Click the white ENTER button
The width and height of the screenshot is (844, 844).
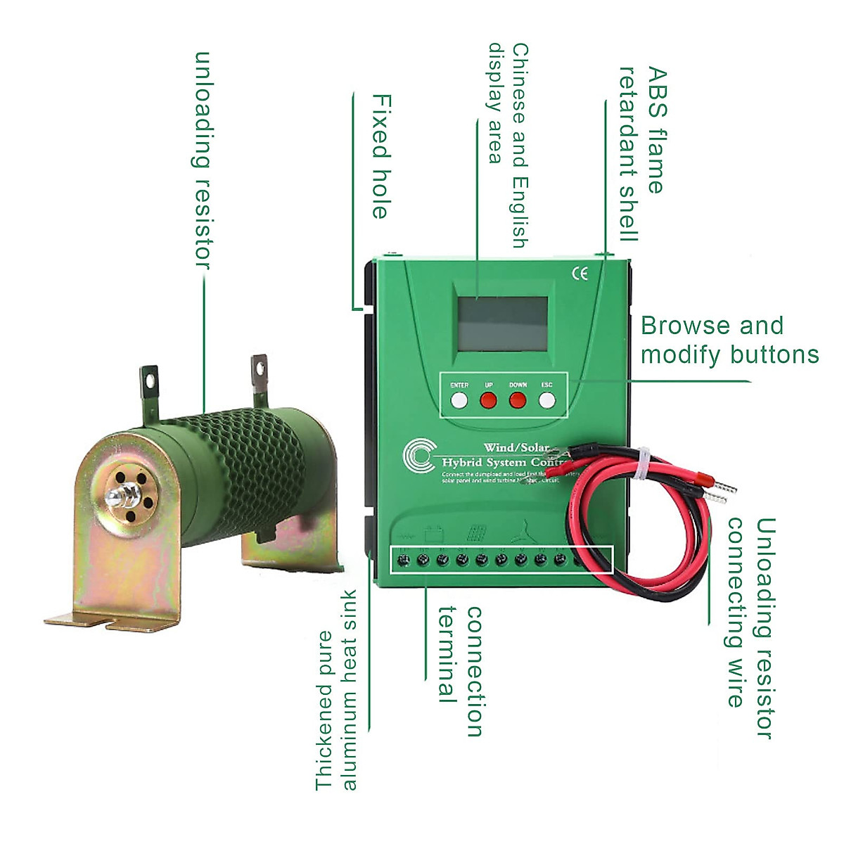[459, 401]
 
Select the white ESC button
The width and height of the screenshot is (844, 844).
[547, 401]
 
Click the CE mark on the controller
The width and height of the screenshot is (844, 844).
[580, 274]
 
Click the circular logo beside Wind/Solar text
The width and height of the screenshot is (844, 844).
[420, 456]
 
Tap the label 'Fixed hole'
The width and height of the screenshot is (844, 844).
[381, 156]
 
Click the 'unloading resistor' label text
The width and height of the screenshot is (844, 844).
[203, 160]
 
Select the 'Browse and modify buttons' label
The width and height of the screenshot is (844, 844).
[729, 340]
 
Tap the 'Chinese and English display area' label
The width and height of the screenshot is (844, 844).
[508, 145]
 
